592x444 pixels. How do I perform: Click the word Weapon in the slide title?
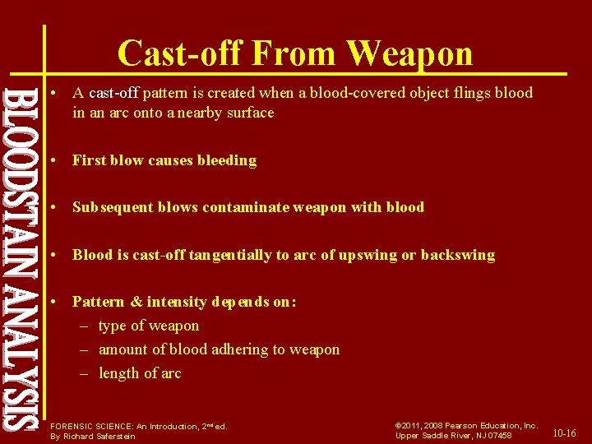coord(409,53)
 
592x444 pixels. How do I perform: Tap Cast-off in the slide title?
coord(180,53)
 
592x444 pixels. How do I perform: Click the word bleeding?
coord(226,160)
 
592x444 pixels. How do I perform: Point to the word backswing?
coord(457,255)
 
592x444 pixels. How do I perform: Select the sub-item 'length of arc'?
coord(140,373)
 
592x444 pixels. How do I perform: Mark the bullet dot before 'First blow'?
coord(53,160)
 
